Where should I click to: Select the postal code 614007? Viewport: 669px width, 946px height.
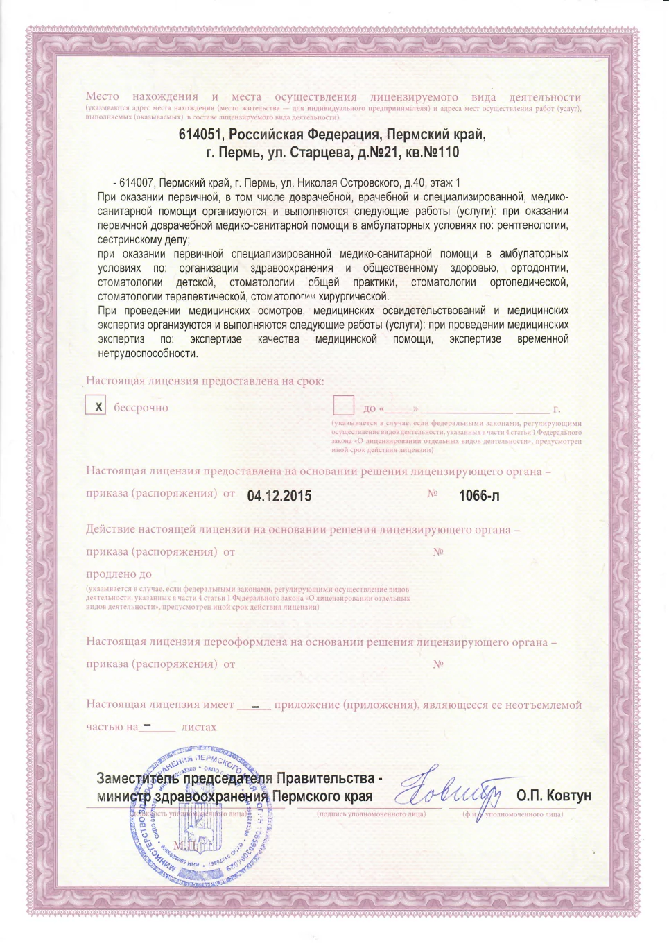coord(136,183)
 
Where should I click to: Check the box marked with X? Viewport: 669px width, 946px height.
coord(96,406)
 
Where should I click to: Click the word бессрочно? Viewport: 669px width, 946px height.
coord(141,408)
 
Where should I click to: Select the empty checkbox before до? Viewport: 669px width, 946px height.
coord(343,406)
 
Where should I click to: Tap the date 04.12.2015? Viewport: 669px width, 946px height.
coord(279,496)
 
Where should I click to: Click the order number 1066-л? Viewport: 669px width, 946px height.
coord(479,496)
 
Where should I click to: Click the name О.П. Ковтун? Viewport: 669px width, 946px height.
coord(553,796)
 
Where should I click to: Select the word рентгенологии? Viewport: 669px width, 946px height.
coord(532,225)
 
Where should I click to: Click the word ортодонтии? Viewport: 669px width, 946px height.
coord(539,268)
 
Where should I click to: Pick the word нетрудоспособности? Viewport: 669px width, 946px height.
coord(148,353)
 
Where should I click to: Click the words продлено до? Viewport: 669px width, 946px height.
coord(119,574)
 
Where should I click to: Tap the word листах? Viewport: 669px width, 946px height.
coord(199,728)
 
